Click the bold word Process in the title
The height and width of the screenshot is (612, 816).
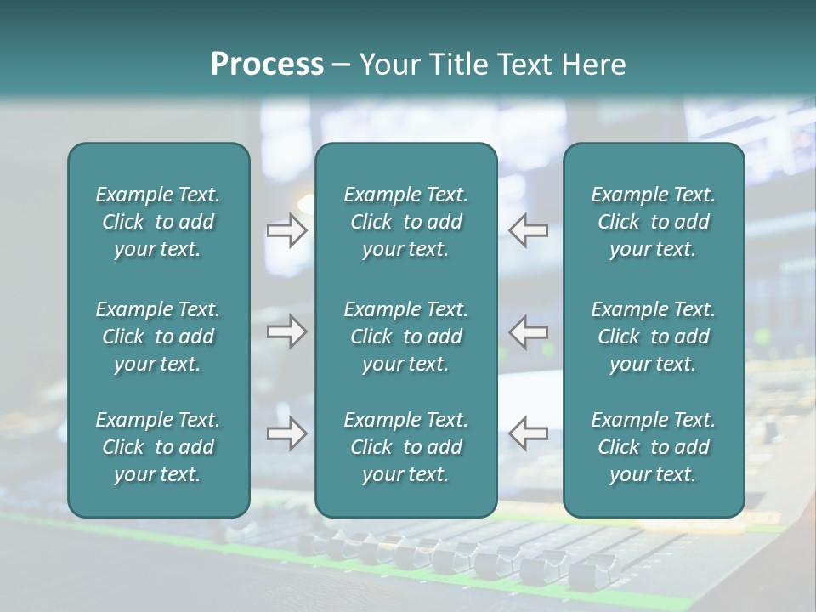click(267, 65)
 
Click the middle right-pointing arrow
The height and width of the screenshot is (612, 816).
click(287, 331)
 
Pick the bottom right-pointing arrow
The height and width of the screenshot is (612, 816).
click(287, 433)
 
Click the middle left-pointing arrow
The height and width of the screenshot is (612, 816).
click(529, 331)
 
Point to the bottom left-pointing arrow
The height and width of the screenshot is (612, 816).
click(529, 433)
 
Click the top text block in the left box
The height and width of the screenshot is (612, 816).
click(158, 222)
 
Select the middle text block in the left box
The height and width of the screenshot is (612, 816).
click(158, 337)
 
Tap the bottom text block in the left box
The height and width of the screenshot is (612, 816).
click(158, 447)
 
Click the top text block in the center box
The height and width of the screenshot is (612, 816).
click(405, 222)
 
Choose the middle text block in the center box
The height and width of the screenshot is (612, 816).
click(405, 337)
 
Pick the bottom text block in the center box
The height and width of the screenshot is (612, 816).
click(405, 447)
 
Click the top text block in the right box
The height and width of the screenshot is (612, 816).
click(653, 222)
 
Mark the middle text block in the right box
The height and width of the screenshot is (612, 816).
click(653, 337)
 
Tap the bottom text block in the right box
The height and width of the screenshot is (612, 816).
click(653, 447)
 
